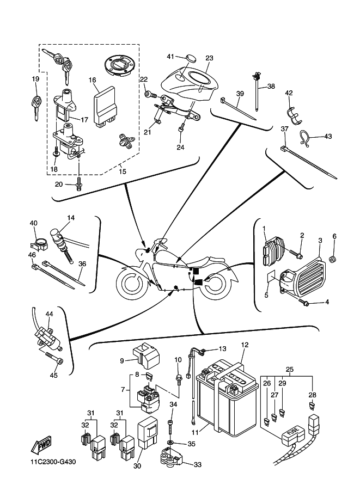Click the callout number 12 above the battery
245,345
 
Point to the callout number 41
170,57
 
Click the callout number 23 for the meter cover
209,58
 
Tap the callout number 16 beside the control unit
93,79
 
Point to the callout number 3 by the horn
320,240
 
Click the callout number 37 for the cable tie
284,128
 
